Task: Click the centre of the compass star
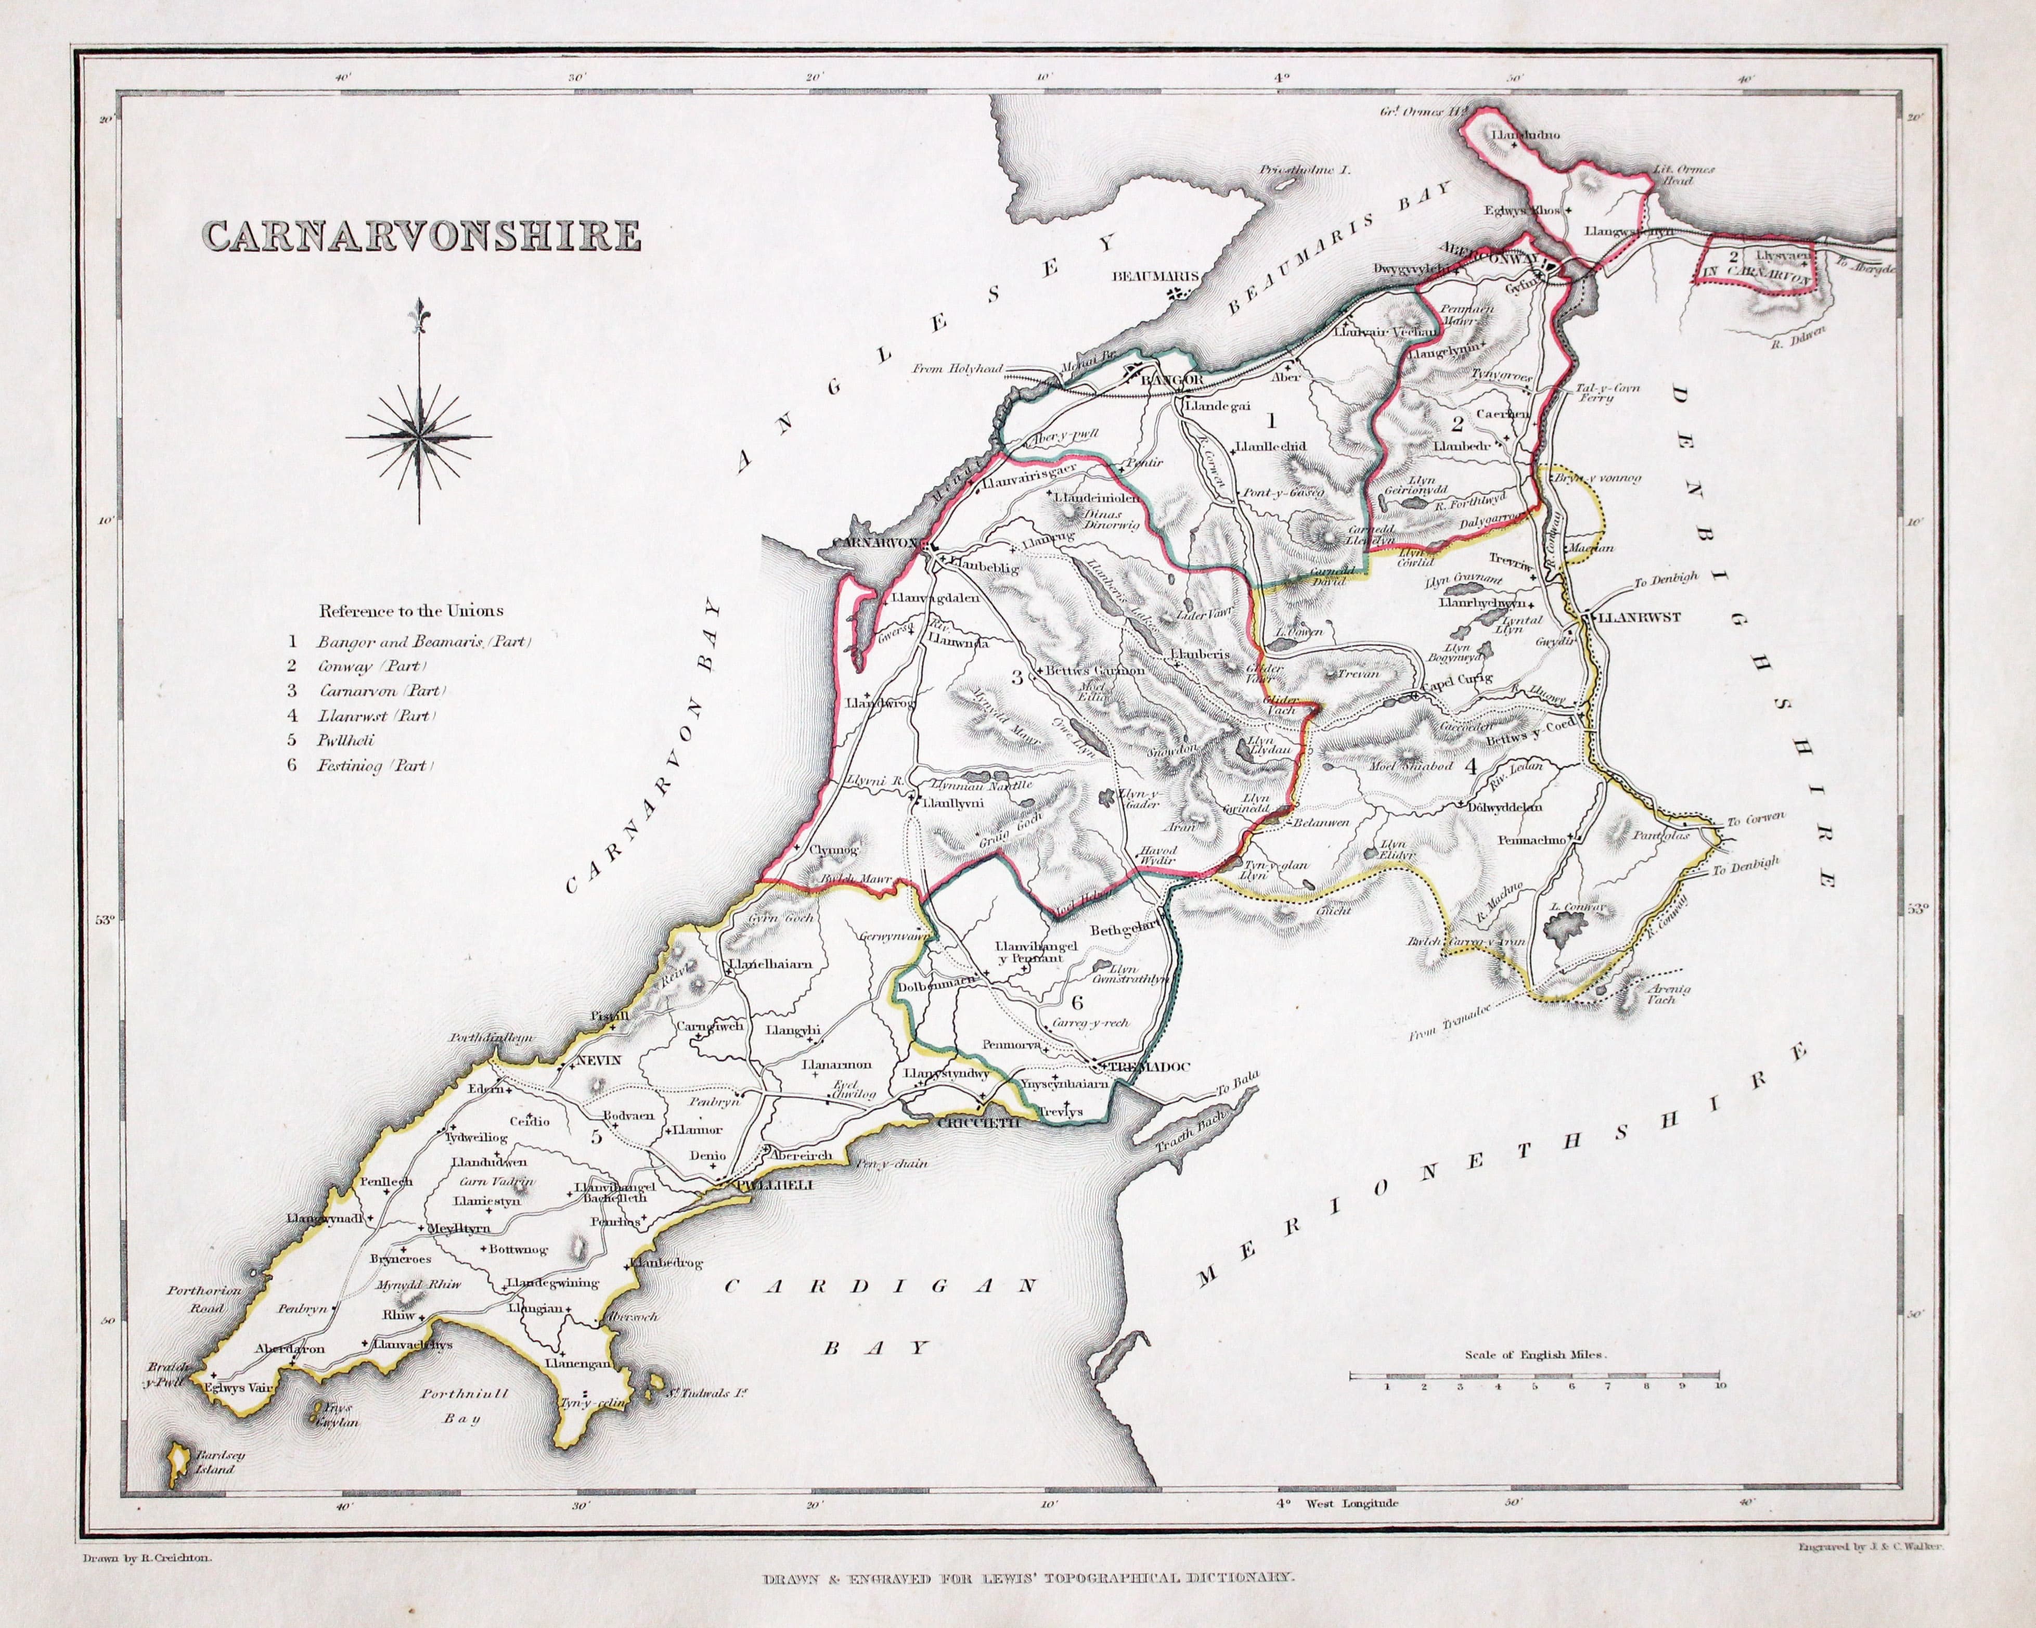[418, 435]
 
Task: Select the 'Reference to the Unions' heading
[411, 611]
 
